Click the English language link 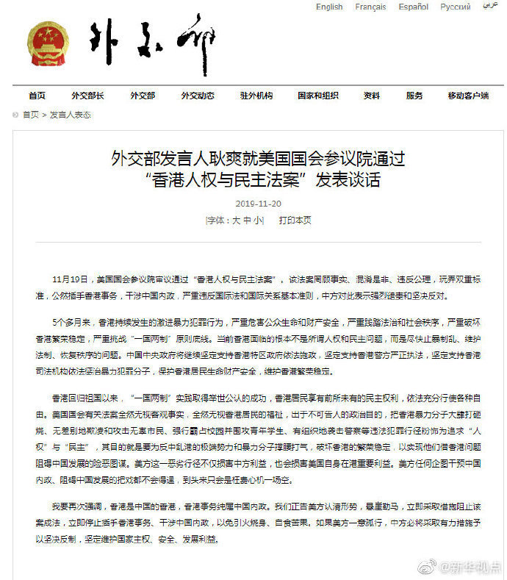click(329, 7)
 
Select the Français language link click(370, 7)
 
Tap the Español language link click(414, 7)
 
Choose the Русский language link click(456, 7)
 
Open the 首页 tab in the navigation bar click(37, 96)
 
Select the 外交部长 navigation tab click(87, 96)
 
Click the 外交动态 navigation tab click(198, 96)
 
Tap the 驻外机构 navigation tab click(256, 96)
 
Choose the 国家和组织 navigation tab click(318, 96)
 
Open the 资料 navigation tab click(372, 96)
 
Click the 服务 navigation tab click(414, 96)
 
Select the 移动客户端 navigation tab click(468, 96)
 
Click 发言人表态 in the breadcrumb click(71, 115)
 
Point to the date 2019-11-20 click(254, 203)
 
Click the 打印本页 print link click(295, 220)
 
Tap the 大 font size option click(236, 220)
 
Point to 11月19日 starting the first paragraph click(68, 280)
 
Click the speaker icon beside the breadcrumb click(16, 115)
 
